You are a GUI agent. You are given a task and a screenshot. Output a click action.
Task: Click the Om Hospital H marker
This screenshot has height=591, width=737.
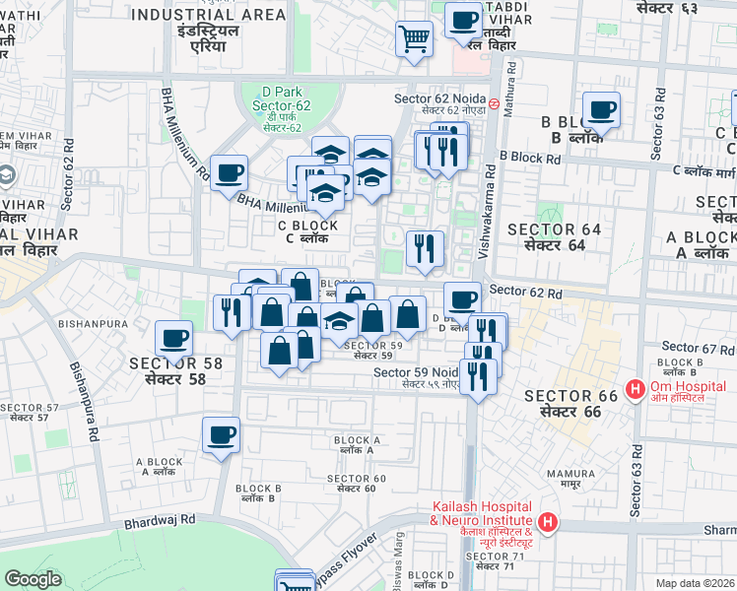[636, 390]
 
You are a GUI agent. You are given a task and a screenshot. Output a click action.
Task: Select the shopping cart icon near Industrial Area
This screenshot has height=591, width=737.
[415, 39]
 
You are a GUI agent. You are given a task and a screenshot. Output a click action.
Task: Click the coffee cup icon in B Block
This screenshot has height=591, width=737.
[600, 109]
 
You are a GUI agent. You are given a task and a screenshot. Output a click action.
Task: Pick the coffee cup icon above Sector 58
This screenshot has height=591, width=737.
[174, 339]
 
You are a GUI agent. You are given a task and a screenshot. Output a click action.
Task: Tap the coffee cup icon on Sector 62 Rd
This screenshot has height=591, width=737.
[461, 298]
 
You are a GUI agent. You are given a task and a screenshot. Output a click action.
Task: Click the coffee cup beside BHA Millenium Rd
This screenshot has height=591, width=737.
[229, 172]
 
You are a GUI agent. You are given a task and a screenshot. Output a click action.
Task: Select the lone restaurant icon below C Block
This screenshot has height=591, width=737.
[425, 248]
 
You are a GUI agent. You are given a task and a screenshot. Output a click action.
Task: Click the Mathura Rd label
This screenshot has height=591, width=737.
[509, 89]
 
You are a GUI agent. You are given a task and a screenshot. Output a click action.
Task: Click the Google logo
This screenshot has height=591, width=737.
[33, 579]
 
